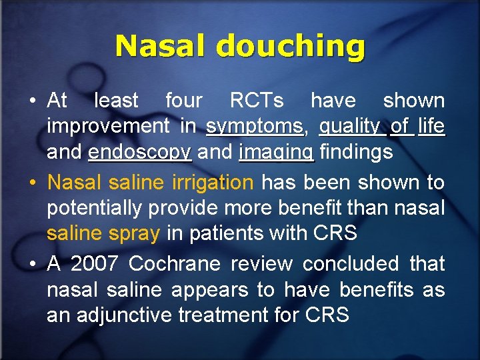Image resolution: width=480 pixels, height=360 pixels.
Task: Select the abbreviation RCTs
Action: [x=257, y=101]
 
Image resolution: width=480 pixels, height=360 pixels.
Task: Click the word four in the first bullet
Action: [x=183, y=101]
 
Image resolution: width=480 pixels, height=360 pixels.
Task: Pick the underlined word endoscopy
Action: [x=139, y=153]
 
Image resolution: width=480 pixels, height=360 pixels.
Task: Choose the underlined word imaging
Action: [x=276, y=153]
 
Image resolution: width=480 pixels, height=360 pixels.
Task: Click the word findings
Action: [x=356, y=152]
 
